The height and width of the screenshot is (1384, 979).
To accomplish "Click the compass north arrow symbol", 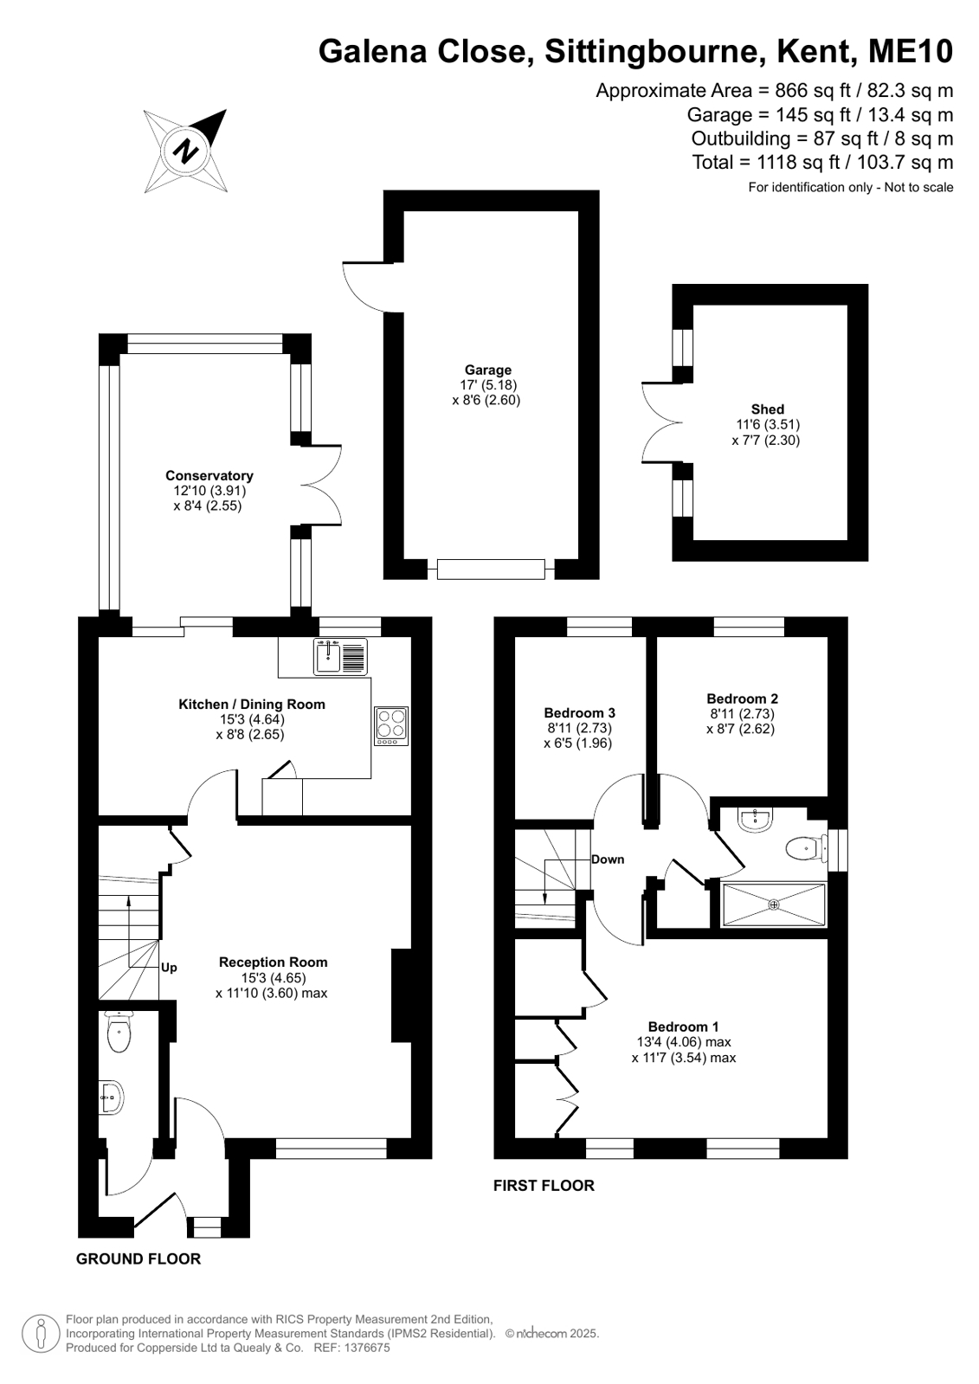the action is pos(185,151).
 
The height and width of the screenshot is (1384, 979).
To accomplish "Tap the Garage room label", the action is pos(487,370).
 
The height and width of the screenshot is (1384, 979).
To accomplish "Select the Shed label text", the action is pos(767,409).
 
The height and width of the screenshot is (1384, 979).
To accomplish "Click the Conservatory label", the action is pos(209,476).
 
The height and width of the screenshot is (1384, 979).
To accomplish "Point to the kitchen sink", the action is pos(340,656).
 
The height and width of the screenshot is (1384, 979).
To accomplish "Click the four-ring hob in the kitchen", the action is pos(391,726).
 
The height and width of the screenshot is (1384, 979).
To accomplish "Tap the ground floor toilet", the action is pos(118,1031).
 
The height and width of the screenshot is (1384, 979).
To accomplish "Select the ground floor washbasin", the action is pos(112,1098).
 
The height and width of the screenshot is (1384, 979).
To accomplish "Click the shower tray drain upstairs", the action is pos(773,904).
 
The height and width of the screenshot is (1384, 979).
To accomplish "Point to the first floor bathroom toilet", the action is pos(807,849).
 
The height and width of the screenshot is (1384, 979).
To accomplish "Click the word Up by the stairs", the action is pos(169,968).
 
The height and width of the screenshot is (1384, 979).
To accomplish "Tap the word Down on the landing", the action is pos(608,859).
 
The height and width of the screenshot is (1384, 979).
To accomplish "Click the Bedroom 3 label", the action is pos(579,713).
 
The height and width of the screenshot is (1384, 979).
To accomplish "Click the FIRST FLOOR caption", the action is pos(544,1186).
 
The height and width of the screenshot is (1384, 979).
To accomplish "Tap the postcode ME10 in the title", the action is pos(911,51).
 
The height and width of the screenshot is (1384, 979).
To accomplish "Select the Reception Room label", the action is pos(274,962).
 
